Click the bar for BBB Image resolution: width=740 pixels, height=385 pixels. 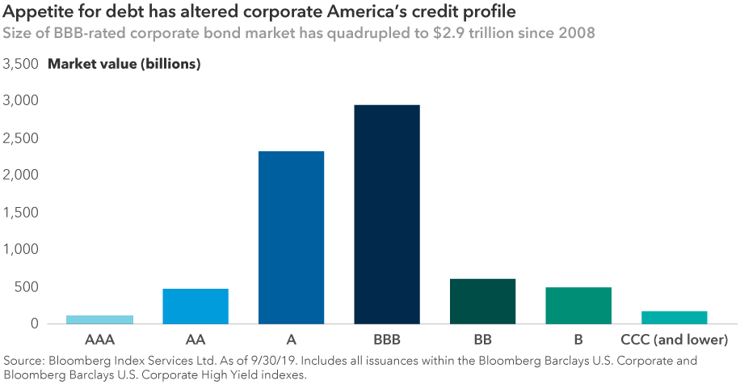click(x=387, y=214)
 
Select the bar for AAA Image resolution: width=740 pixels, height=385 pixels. click(x=99, y=319)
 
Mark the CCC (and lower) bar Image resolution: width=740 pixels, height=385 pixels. click(x=675, y=317)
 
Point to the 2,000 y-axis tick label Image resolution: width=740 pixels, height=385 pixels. click(x=21, y=176)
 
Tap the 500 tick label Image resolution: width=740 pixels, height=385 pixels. click(x=27, y=287)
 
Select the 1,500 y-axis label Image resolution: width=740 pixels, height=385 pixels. click(x=21, y=213)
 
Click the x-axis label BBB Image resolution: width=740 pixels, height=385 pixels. click(x=387, y=339)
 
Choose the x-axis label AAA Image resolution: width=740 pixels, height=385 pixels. click(x=99, y=339)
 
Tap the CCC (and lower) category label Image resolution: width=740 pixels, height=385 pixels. click(x=675, y=339)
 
